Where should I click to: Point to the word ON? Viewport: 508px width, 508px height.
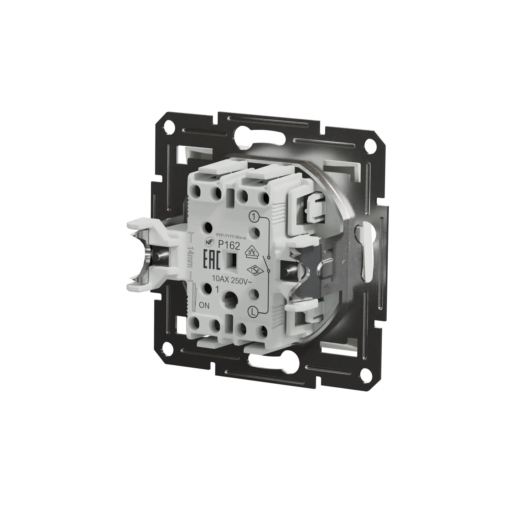pyautogui.click(x=204, y=306)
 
